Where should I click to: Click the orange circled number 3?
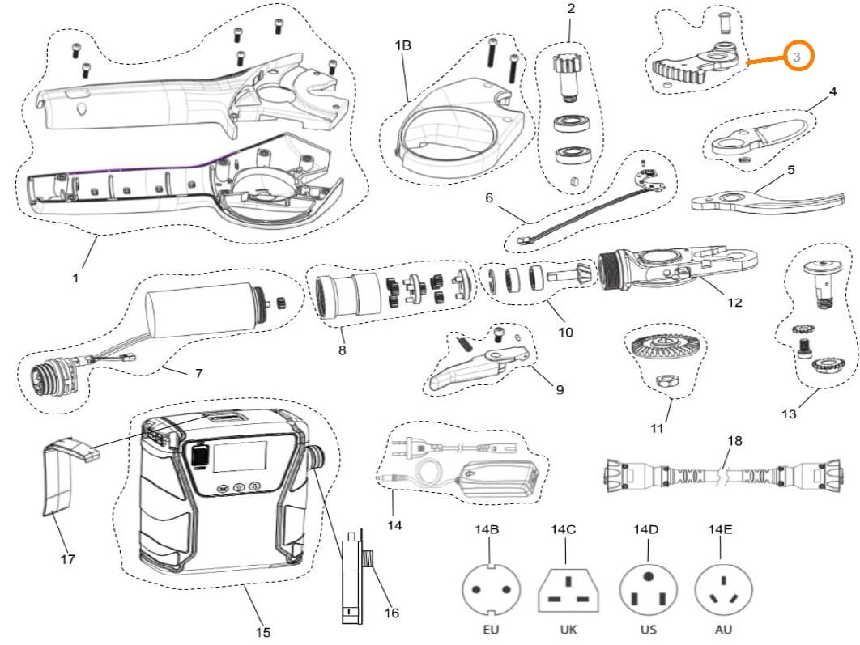[x=797, y=57]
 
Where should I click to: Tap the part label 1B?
[x=402, y=46]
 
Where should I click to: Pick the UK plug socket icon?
[x=568, y=589]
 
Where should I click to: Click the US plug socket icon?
[x=647, y=589]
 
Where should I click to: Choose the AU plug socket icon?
[x=723, y=589]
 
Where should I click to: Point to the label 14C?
[x=564, y=530]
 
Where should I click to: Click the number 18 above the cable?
[x=734, y=441]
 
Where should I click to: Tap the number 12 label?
[x=734, y=303]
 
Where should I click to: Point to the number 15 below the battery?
[x=262, y=632]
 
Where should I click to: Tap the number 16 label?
[x=391, y=613]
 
